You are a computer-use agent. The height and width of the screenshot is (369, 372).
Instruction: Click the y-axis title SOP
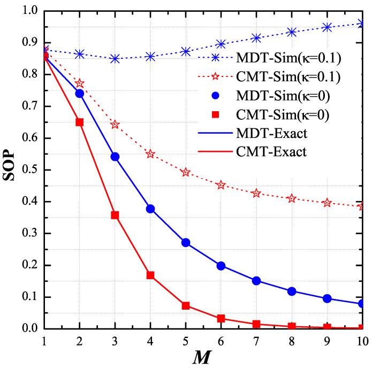pos(11,170)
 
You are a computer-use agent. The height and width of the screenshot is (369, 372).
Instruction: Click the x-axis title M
pos(204,358)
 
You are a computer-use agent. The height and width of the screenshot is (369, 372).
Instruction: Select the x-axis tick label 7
pos(256,341)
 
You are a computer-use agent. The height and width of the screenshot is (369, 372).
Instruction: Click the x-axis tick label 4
pos(150,341)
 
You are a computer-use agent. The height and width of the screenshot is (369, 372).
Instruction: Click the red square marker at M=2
pos(80,122)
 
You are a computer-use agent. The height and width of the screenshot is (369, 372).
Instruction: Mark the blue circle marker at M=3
pos(115,157)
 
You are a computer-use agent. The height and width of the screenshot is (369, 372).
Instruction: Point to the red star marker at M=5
pos(186,172)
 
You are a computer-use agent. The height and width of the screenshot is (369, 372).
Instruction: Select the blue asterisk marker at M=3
pos(115,58)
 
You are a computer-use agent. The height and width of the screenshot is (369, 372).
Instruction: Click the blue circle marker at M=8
pos(292,291)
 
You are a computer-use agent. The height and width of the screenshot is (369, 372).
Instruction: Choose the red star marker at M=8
pos(292,198)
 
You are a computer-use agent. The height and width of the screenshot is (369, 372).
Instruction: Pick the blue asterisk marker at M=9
pos(327,27)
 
